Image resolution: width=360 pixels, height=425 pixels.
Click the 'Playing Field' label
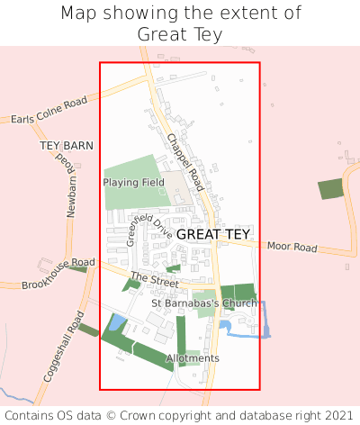pos(133,182)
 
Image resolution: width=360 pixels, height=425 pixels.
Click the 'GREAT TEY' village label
pos(213,234)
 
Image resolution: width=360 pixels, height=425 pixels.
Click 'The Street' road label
pos(155,281)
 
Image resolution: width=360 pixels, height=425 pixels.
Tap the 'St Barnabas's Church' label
pos(204,303)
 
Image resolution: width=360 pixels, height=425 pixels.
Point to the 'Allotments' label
pos(193,358)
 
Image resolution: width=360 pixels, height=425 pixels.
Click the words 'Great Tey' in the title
pos(180,34)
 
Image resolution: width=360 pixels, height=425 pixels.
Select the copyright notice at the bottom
pos(180,415)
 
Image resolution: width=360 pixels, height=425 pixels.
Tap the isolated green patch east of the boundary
pos(331,189)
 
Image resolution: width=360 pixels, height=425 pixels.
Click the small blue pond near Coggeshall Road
pos(118,322)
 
